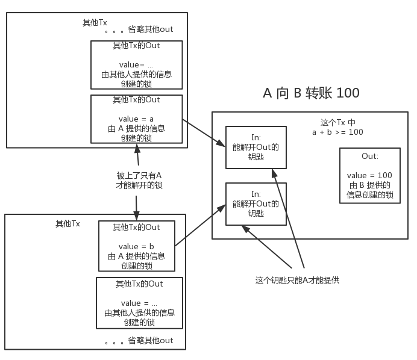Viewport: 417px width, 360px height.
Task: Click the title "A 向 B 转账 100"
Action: point(311,93)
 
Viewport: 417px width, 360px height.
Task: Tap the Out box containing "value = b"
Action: point(136,246)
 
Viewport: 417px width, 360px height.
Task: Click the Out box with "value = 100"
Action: point(369,176)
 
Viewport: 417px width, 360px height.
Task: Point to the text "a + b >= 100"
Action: point(337,132)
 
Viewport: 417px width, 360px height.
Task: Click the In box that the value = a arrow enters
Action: point(256,147)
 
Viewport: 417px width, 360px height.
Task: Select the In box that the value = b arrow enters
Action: point(256,204)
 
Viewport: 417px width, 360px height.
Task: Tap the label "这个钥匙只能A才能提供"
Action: point(298,280)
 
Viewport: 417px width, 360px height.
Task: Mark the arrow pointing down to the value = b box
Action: point(137,208)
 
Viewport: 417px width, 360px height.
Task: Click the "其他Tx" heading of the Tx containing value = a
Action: point(95,23)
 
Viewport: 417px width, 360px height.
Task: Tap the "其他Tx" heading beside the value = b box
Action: point(67,223)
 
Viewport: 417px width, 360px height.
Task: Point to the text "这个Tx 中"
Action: point(337,122)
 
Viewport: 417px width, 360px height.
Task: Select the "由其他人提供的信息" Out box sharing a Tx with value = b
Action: point(139,303)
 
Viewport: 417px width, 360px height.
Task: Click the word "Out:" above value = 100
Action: point(369,156)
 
